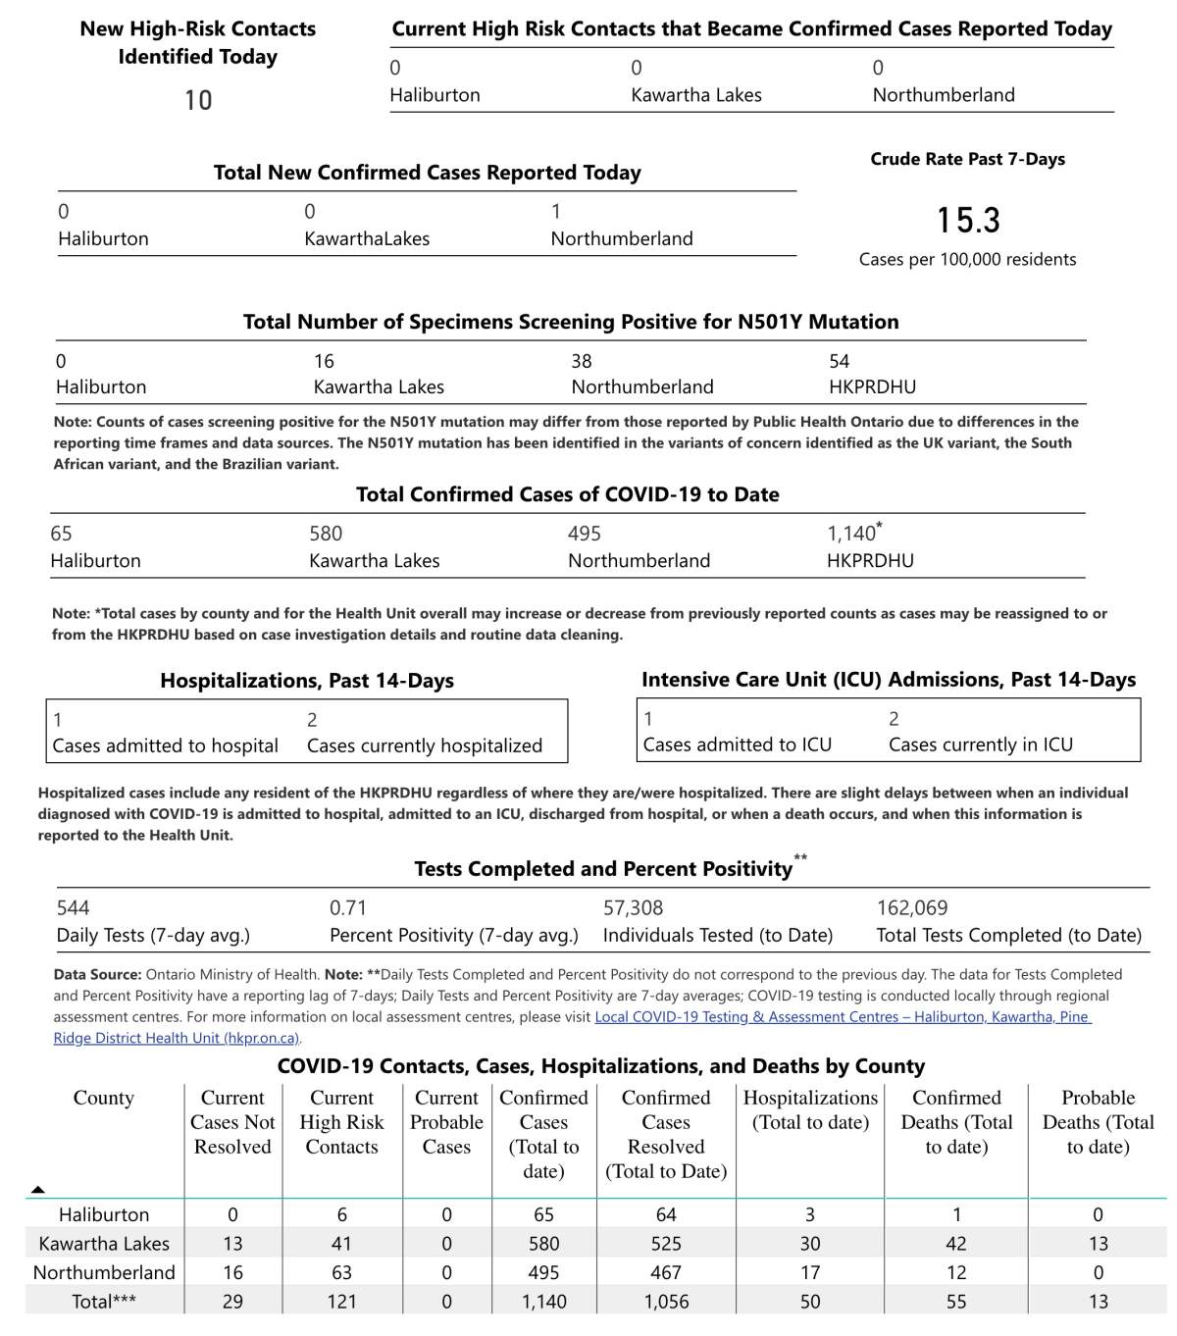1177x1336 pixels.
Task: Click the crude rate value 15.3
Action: pyautogui.click(x=968, y=221)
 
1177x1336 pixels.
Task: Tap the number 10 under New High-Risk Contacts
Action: pyautogui.click(x=198, y=100)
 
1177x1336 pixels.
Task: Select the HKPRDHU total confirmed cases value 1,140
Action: pyautogui.click(x=851, y=534)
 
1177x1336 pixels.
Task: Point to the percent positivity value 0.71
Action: pyautogui.click(x=347, y=908)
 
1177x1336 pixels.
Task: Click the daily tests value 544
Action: pyautogui.click(x=73, y=908)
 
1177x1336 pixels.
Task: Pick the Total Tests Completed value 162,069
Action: pyautogui.click(x=912, y=908)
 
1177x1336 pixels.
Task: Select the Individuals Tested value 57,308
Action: pyautogui.click(x=633, y=908)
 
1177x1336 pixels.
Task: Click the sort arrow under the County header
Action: pyautogui.click(x=38, y=1190)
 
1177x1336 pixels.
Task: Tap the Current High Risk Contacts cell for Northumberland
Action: pyautogui.click(x=341, y=1272)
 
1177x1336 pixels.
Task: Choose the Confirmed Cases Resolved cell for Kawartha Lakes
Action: pyautogui.click(x=666, y=1244)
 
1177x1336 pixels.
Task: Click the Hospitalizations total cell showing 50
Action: pyautogui.click(x=810, y=1302)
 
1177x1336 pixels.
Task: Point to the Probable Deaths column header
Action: pyautogui.click(x=1098, y=1122)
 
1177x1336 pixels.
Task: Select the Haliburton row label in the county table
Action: pyautogui.click(x=104, y=1215)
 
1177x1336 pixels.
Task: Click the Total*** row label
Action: pyautogui.click(x=104, y=1302)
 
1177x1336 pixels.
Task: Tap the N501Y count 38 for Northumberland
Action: pyautogui.click(x=582, y=362)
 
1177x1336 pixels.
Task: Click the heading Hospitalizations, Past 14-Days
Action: pyautogui.click(x=307, y=681)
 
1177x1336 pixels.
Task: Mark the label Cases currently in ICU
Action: pyautogui.click(x=981, y=745)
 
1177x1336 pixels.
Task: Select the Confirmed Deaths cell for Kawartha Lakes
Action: pyautogui.click(x=956, y=1244)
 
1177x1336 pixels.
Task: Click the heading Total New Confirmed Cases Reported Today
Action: pyautogui.click(x=428, y=173)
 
